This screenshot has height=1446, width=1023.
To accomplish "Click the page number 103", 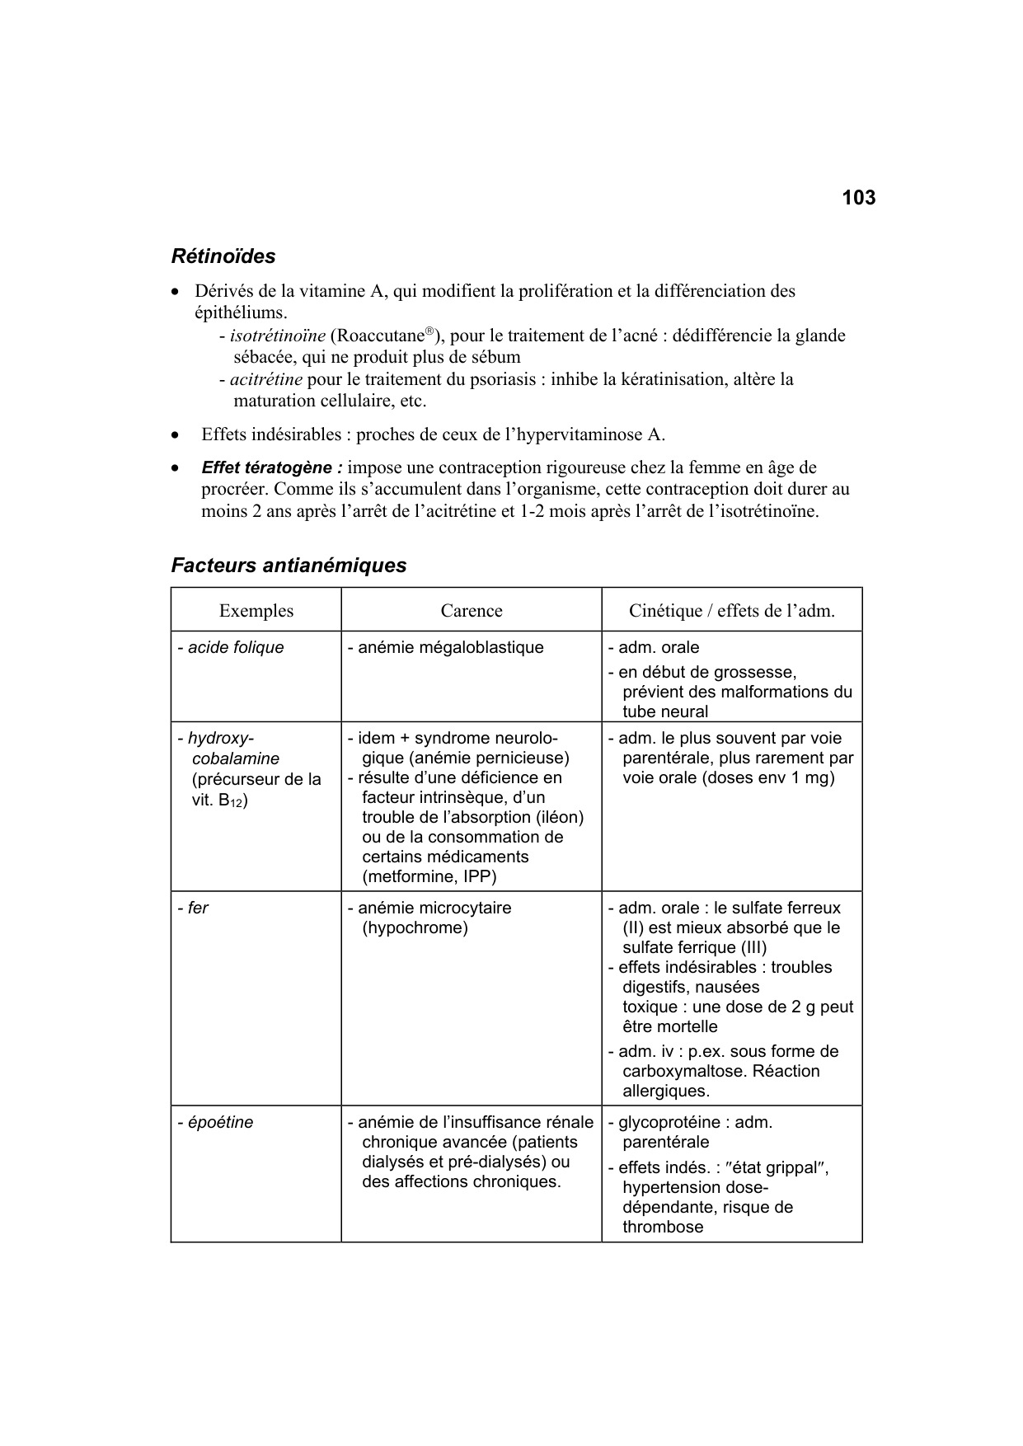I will (x=858, y=198).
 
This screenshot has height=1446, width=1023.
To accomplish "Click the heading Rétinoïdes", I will (x=223, y=256).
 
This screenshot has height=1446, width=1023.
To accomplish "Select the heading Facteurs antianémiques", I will (x=289, y=566).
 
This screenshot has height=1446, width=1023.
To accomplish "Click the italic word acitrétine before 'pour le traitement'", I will (x=266, y=379).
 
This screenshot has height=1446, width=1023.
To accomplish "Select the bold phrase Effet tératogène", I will (x=271, y=467).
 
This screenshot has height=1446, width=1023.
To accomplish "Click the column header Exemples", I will (x=256, y=611).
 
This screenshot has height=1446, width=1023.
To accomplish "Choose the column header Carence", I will (x=471, y=611).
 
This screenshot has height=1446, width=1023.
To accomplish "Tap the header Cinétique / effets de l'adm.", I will (x=731, y=611).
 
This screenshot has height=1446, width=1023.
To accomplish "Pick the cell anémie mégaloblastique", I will (x=450, y=648).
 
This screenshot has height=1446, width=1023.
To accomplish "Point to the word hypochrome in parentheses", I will (x=415, y=928).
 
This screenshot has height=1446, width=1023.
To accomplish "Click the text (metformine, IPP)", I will (x=429, y=876).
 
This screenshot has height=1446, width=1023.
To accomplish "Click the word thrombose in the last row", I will (x=663, y=1227).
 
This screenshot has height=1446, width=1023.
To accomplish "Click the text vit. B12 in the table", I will (x=219, y=800).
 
